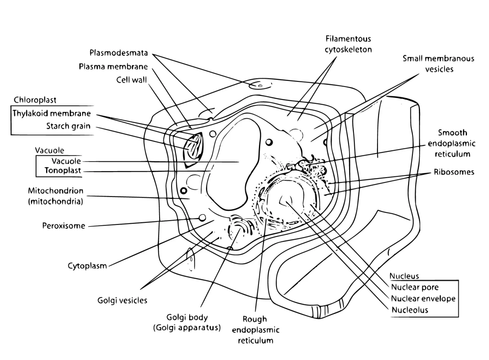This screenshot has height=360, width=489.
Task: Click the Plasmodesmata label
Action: [x=119, y=53]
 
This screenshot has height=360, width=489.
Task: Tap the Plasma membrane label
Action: [x=113, y=67]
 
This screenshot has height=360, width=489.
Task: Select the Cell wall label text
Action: [x=131, y=80]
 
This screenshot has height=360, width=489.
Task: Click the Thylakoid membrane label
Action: [x=51, y=113]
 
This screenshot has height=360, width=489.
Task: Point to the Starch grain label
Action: [x=68, y=126]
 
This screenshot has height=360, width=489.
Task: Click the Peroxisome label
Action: [x=64, y=226]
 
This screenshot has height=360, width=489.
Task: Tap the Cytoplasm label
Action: [x=87, y=266]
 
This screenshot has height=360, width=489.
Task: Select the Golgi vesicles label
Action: [x=122, y=300]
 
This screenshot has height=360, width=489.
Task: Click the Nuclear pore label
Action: [x=415, y=287]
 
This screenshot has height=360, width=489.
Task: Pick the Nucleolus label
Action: [x=410, y=310]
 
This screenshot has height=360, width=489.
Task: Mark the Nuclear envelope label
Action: [x=423, y=299]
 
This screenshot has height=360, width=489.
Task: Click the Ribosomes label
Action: [x=454, y=172]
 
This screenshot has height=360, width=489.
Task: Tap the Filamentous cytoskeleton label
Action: [x=348, y=44]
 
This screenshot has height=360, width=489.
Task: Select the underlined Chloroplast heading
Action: [x=35, y=100]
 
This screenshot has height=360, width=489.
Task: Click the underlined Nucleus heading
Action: [x=404, y=276]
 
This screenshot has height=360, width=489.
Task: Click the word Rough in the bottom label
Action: [x=255, y=320]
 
